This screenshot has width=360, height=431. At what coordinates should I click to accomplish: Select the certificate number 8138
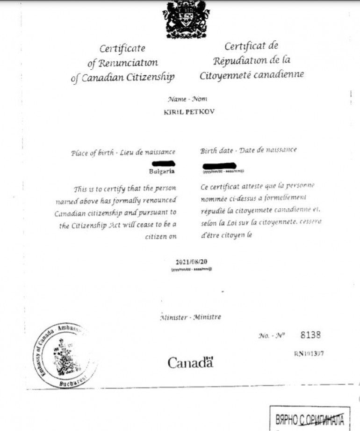click(x=310, y=335)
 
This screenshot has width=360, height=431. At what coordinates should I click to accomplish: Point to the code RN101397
click(x=309, y=353)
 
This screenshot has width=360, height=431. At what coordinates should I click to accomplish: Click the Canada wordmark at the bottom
click(x=190, y=362)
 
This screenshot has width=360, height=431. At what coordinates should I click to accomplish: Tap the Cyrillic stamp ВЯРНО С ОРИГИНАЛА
click(x=310, y=419)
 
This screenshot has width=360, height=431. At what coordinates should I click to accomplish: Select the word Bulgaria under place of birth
click(x=162, y=171)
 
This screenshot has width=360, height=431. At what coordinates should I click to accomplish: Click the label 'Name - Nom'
click(x=187, y=99)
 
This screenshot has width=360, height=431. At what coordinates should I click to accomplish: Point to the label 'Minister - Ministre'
click(x=190, y=317)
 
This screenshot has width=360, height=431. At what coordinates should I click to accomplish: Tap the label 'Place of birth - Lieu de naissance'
click(x=123, y=152)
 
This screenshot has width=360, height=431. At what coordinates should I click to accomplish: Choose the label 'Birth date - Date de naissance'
click(x=248, y=150)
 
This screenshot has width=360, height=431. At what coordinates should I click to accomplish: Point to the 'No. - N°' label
click(x=271, y=336)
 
